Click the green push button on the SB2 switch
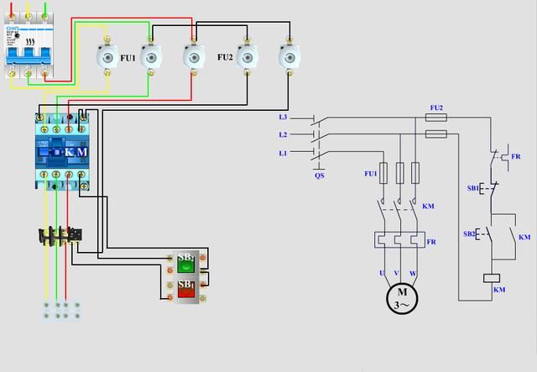tap(185, 266)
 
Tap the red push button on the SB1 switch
tap(185, 292)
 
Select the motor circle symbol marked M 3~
tap(402, 298)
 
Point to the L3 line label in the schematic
tap(283, 117)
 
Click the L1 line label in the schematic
tap(283, 152)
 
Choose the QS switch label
tap(319, 176)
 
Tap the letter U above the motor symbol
tap(383, 274)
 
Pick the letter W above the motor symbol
tap(413, 274)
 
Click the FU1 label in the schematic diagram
tap(370, 173)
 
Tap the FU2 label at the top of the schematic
tap(435, 107)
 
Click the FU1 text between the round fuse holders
tap(128, 58)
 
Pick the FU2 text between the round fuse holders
tap(224, 57)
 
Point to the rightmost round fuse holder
tap(291, 58)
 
